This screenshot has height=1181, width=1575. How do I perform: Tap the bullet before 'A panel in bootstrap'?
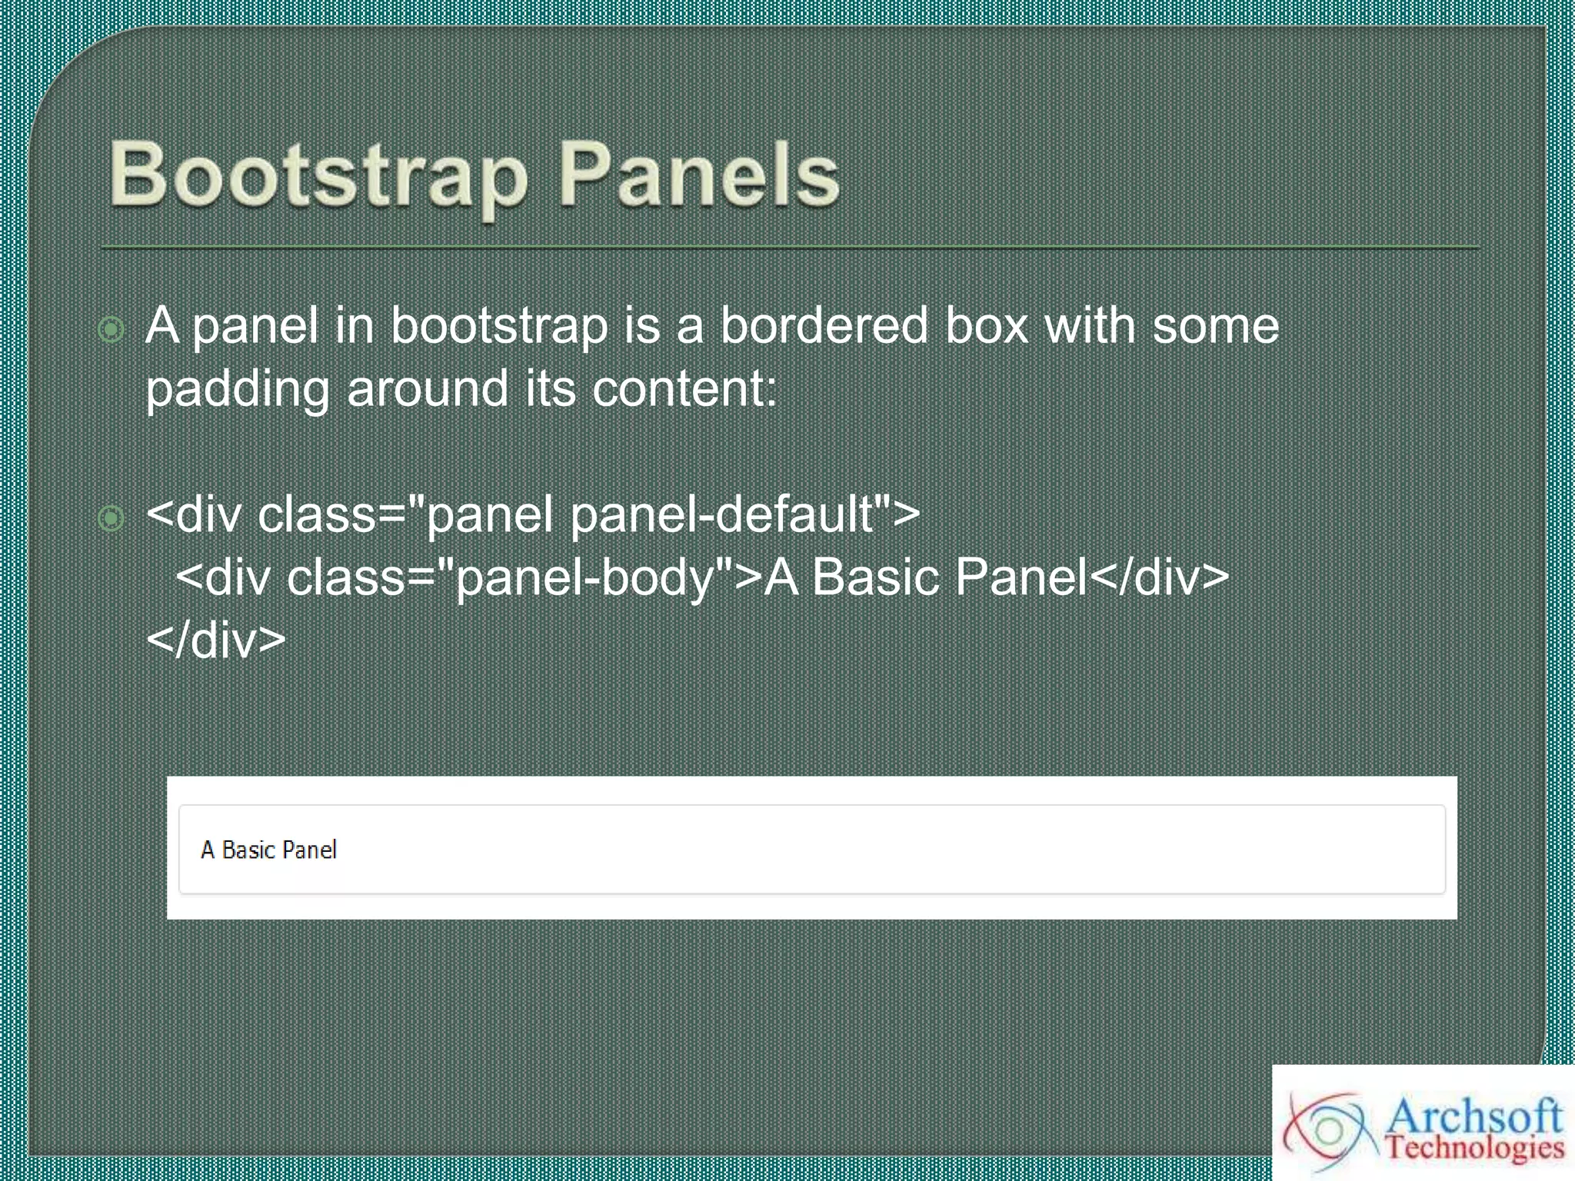point(112,330)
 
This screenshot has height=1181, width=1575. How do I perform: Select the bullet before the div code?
point(112,519)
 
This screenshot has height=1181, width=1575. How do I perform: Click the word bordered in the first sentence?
point(824,325)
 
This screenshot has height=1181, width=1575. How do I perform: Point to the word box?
point(987,325)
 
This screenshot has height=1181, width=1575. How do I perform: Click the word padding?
point(238,389)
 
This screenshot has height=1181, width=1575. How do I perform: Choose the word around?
point(428,388)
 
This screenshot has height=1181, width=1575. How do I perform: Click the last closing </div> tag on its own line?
point(216,640)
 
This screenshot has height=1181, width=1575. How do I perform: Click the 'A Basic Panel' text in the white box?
point(268,850)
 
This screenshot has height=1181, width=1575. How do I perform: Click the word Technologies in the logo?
point(1474,1148)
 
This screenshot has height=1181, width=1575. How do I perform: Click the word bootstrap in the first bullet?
point(499,325)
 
